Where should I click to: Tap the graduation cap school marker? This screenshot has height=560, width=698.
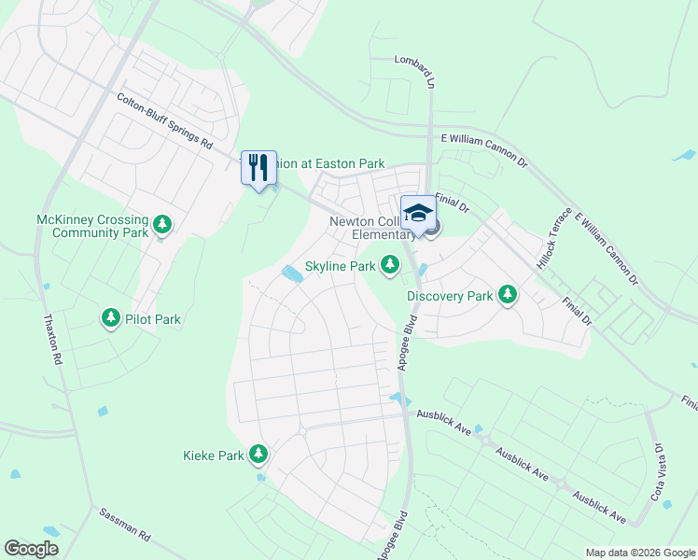[418, 212]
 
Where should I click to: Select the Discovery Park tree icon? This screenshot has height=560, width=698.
[507, 296]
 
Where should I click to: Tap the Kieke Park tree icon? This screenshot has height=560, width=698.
[258, 455]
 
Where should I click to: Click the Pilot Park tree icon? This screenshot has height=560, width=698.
[111, 319]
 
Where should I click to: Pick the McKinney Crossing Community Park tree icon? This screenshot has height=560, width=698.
[162, 225]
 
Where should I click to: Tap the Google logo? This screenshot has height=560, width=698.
[31, 549]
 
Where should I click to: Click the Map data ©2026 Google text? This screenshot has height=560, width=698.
[640, 553]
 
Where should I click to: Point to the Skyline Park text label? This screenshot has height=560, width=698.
[341, 267]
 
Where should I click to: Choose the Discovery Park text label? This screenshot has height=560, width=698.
[450, 297]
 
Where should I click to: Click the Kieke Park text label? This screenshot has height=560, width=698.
[213, 455]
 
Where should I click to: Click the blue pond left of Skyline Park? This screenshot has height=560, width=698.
[292, 273]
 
